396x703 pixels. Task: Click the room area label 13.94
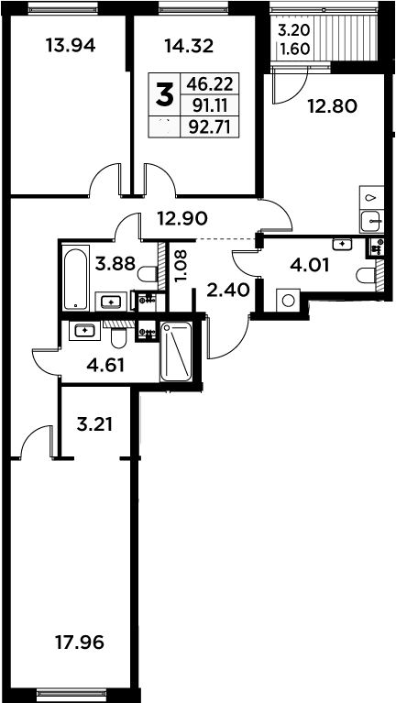tap(71, 46)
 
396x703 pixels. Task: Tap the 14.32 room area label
tap(189, 46)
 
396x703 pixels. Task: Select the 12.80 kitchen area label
tap(333, 106)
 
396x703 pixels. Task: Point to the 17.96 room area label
tap(80, 643)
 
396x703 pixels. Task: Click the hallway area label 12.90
tap(182, 218)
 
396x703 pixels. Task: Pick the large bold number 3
tap(164, 95)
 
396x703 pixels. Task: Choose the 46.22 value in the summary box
tap(209, 83)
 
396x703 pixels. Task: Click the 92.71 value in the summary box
tap(209, 128)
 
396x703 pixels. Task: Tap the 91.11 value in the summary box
tap(210, 105)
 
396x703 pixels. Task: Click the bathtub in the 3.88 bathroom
tap(75, 279)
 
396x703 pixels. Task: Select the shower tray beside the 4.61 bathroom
tap(176, 352)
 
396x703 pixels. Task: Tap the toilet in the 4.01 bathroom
tap(366, 275)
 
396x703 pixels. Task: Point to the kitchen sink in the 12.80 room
tap(371, 221)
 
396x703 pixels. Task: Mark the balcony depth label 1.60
tap(294, 49)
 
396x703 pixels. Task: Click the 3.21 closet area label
tap(94, 423)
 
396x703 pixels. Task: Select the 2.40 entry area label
tap(228, 291)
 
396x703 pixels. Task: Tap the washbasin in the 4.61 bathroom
tap(84, 331)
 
